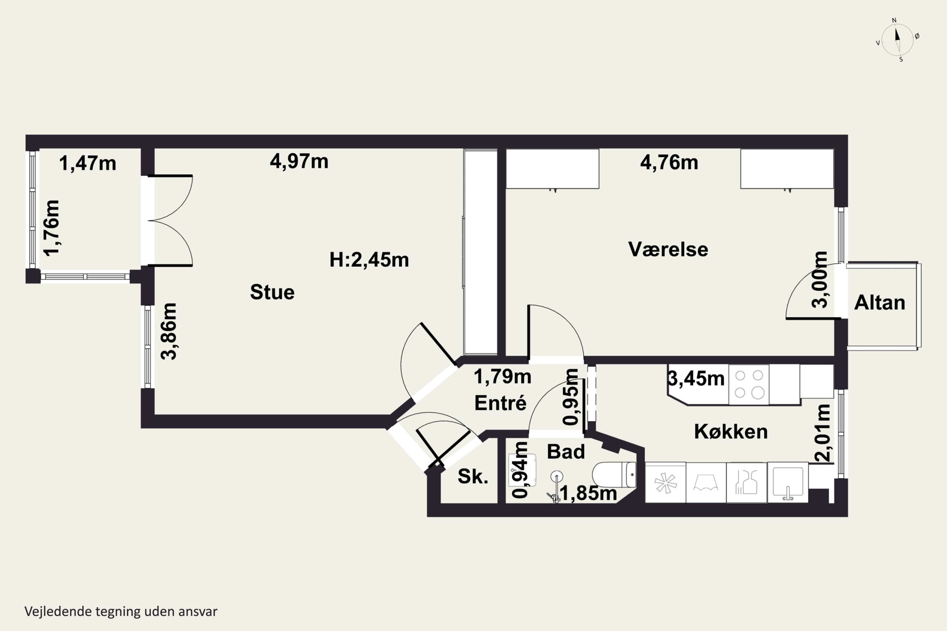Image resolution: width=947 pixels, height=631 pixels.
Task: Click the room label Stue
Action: [x=272, y=292]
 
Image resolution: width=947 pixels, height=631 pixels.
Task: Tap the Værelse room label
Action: [x=668, y=249]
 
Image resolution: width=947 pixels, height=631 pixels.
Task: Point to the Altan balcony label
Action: [x=880, y=302]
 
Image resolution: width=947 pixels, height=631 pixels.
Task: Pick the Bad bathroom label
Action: [x=566, y=451]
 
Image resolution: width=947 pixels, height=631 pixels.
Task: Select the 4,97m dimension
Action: [x=299, y=161]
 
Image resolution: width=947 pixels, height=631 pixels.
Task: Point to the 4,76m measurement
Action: [x=669, y=162]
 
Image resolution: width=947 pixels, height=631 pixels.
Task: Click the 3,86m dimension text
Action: [x=169, y=331]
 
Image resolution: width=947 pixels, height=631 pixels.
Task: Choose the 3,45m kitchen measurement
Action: [x=696, y=378]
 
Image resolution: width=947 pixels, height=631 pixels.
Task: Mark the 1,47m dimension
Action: [x=88, y=163]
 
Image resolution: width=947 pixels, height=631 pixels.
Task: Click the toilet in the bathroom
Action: [x=614, y=475]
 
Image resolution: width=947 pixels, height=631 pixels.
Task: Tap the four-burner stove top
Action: [x=749, y=384]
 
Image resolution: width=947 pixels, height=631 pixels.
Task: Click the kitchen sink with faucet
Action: [x=788, y=482]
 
